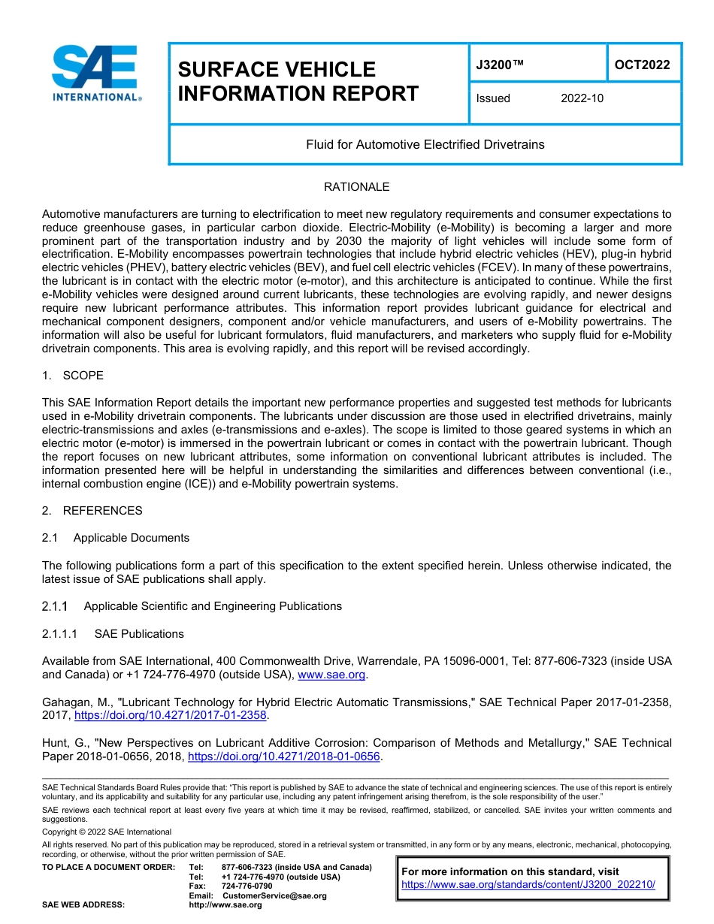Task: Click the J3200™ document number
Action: coord(500,65)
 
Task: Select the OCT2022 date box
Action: coord(642,65)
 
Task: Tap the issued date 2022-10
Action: coord(582,98)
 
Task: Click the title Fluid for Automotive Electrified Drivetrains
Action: coord(425,144)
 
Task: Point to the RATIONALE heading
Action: coord(356,187)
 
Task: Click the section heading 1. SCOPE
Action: coord(73,376)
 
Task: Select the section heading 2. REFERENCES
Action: coord(92,511)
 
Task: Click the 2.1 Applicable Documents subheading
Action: coord(116,538)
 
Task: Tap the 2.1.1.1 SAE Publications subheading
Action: coord(113,634)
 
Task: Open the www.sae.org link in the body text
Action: coord(331,675)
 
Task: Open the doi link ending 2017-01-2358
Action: coord(171,715)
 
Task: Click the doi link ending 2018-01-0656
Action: coord(283,756)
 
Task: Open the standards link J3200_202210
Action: coord(528,885)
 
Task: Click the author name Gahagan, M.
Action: coord(77,702)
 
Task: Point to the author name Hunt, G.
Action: coord(64,743)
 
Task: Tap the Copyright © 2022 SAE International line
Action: coord(107,832)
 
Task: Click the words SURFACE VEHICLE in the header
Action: coord(277,70)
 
